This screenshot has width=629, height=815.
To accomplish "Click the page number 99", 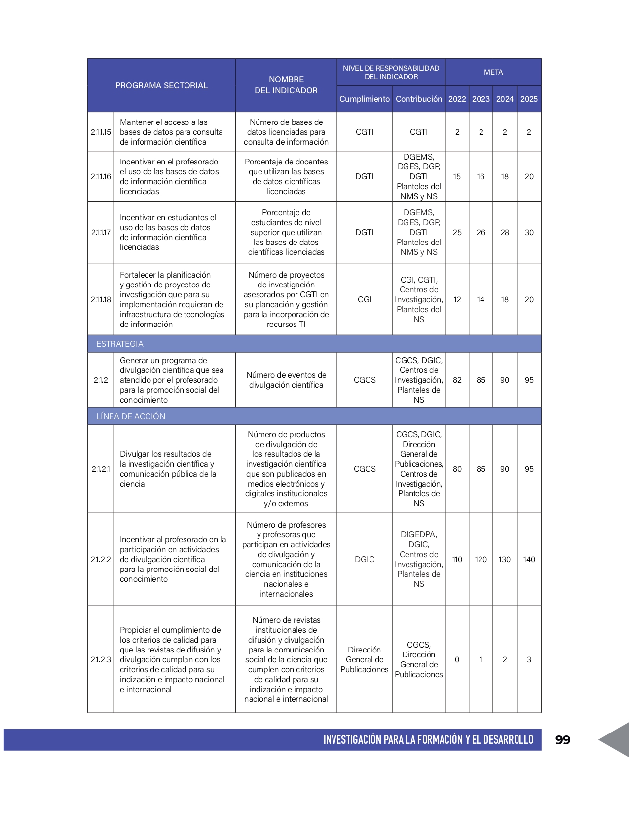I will click(562, 739).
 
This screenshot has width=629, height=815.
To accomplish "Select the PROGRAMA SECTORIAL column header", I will click(161, 85).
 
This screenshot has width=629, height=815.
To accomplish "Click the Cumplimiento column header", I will click(364, 99).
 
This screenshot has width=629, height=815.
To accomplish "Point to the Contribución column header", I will click(418, 99).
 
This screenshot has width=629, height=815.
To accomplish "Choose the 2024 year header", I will click(505, 99).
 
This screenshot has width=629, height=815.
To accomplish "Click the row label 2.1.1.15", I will click(101, 132).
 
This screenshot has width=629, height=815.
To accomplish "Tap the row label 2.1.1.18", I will click(101, 299).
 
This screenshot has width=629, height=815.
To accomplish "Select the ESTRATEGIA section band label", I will click(120, 344).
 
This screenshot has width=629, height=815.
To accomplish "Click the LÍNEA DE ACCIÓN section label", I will click(131, 416).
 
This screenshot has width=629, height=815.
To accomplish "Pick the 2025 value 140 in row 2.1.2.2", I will click(529, 559).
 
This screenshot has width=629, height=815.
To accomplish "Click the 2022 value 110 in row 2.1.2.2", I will click(457, 559).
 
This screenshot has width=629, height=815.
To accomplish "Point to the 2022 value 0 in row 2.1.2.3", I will click(457, 659).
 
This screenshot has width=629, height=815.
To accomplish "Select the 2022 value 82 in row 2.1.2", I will click(457, 380).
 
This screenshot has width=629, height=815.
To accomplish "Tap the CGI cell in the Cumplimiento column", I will click(364, 299).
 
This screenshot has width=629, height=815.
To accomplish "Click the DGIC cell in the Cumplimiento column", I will click(364, 559).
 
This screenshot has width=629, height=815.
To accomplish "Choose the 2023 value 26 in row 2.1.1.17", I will click(481, 232).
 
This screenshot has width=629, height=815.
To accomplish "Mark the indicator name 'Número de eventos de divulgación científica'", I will click(286, 380).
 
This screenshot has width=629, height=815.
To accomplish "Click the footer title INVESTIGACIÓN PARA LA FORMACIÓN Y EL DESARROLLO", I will click(428, 739).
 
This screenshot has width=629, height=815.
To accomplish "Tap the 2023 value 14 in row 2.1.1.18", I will click(481, 299).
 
